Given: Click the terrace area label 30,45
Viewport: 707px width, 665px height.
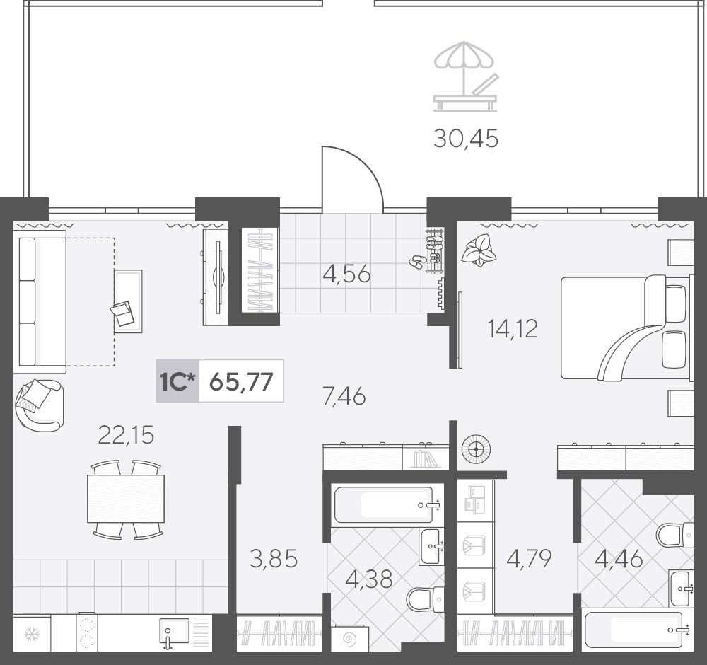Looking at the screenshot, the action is pos(466,139).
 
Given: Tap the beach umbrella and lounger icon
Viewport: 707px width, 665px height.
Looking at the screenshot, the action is pos(465,76).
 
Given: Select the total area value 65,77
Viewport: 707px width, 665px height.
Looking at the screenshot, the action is pos(242,382).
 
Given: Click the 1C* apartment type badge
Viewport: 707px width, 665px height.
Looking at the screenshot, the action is pos(177,381).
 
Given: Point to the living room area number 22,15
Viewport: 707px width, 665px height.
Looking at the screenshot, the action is pos(127,435).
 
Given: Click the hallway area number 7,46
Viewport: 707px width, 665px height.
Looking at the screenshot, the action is pos(344,397).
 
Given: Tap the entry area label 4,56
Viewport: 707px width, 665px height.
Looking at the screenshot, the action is pos(347,274).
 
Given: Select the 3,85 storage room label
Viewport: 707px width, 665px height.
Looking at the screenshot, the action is pos(274,559).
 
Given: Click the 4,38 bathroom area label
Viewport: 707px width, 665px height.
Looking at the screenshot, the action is pos(369,579).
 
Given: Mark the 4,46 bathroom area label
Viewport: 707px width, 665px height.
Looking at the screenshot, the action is pos(619,560).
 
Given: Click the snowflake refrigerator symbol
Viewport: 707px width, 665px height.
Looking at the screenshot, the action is pos(32,634).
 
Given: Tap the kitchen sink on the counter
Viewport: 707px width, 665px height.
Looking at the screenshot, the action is pos(174,632).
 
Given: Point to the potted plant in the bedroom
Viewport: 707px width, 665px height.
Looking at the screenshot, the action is pos(479,250).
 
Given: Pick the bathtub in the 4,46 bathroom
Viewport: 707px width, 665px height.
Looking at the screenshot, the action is pos(632,630).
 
